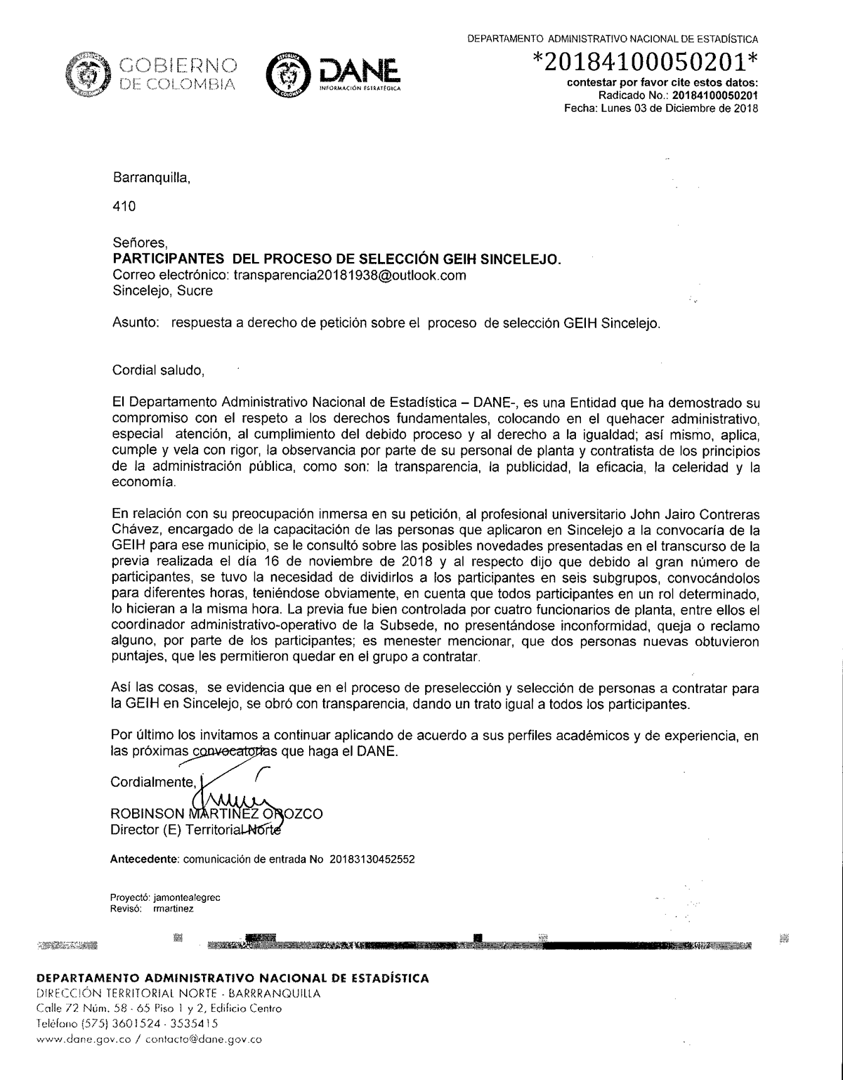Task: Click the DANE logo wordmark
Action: pyautogui.click(x=359, y=73)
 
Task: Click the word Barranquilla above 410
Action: pyautogui.click(x=151, y=178)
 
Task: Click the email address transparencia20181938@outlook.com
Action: pyautogui.click(x=349, y=275)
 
